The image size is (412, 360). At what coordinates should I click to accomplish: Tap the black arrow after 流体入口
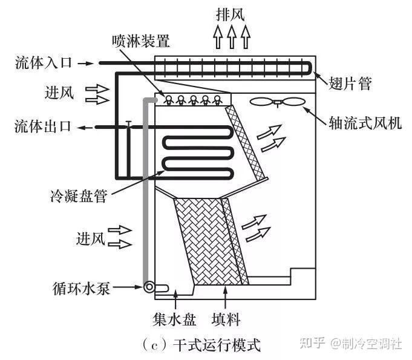click(x=86, y=62)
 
